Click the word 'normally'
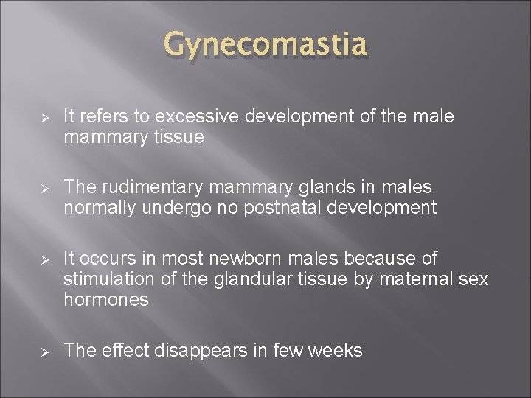[97, 207]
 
